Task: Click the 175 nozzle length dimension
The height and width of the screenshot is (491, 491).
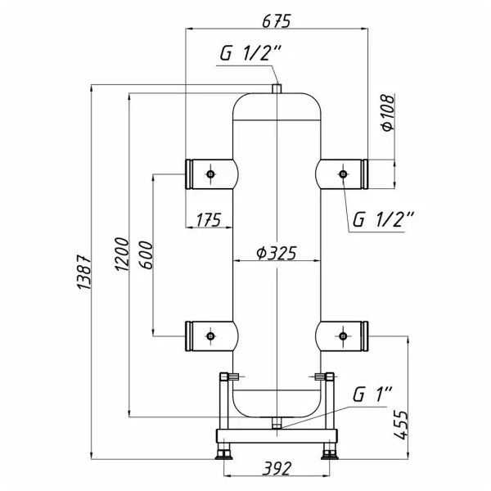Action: pyautogui.click(x=209, y=218)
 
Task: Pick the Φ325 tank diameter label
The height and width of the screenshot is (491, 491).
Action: pyautogui.click(x=276, y=252)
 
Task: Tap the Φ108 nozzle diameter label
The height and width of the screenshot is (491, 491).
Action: pyautogui.click(x=387, y=114)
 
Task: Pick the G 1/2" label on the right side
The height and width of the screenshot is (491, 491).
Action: pyautogui.click(x=384, y=218)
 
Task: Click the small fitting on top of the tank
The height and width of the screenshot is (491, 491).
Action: pyautogui.click(x=277, y=88)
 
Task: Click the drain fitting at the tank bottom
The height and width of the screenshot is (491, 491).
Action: pyautogui.click(x=277, y=424)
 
